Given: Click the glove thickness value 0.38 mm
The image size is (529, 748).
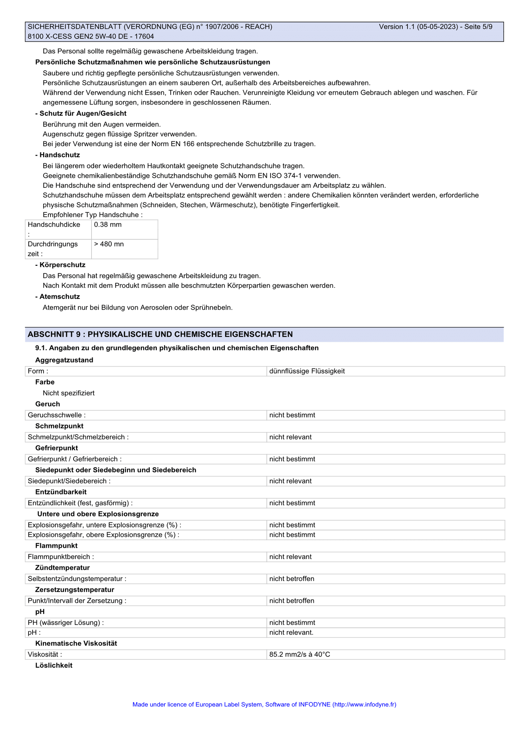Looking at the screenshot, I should pyautogui.click(x=108, y=224).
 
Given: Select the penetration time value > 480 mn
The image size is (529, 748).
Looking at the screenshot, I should pyautogui.click(x=109, y=244).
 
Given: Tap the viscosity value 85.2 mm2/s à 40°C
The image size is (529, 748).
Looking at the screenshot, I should pyautogui.click(x=299, y=654).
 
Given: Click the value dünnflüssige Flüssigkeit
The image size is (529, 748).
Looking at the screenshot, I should pyautogui.click(x=307, y=371).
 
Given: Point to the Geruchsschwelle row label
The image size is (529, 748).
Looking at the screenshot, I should pyautogui.click(x=57, y=415).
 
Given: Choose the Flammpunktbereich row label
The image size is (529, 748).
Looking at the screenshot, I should pyautogui.click(x=61, y=557).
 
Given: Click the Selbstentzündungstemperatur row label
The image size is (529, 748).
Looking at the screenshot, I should pyautogui.click(x=77, y=578).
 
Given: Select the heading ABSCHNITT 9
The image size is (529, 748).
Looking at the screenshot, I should pyautogui.click(x=160, y=334).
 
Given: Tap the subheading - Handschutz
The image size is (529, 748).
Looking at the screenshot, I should pyautogui.click(x=57, y=155).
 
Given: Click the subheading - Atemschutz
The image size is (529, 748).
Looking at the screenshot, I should pyautogui.click(x=57, y=296).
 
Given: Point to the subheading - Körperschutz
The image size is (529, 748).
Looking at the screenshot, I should pyautogui.click(x=60, y=265).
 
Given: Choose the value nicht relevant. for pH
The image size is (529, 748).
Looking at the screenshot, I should pyautogui.click(x=291, y=632).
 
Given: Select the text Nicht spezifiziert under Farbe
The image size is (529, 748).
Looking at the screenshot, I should pyautogui.click(x=68, y=393).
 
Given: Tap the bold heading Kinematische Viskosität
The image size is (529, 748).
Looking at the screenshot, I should pyautogui.click(x=76, y=643).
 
